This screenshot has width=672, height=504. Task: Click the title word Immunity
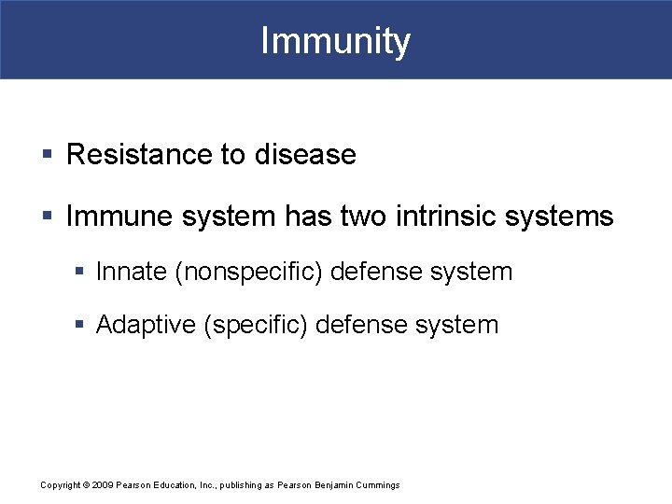335,41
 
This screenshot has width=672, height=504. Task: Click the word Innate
133,272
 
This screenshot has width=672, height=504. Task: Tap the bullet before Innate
80,273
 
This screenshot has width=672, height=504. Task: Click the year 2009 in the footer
101,485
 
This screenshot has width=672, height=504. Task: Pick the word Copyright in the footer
61,485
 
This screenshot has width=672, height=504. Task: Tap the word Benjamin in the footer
329,485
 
